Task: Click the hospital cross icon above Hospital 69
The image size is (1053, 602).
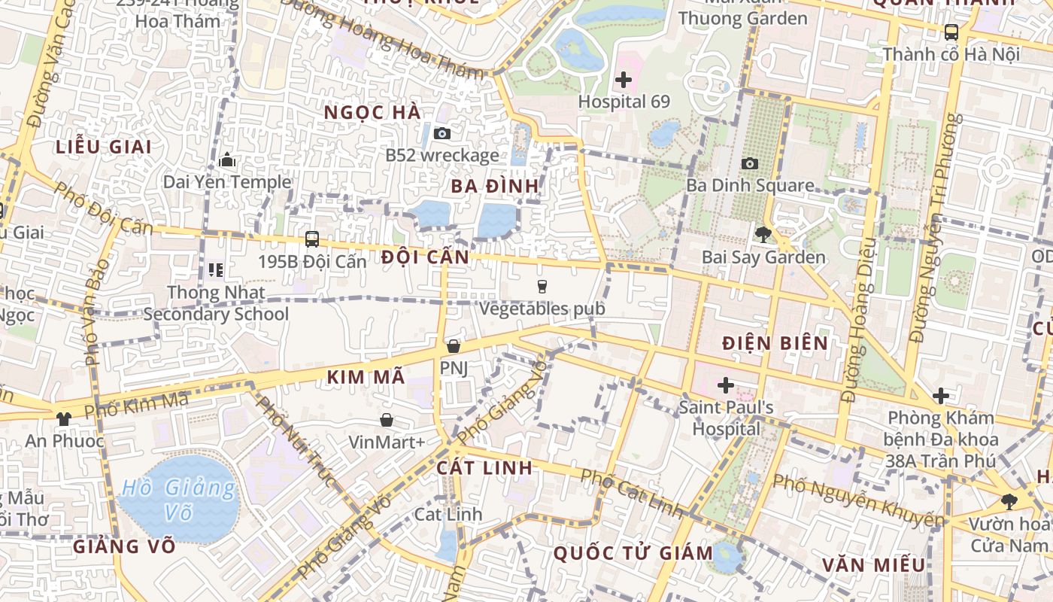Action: point(624,79)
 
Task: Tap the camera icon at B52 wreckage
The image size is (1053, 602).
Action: point(442,133)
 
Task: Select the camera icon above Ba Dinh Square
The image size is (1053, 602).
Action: point(750,163)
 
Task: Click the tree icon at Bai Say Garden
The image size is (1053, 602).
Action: point(763,235)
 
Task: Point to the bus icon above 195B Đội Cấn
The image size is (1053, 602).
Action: point(312,239)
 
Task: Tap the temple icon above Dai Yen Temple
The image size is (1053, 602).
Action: point(227,160)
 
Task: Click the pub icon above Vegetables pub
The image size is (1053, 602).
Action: point(542,286)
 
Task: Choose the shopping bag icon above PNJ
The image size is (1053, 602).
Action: point(453,346)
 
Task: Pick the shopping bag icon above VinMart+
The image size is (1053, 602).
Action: point(387,419)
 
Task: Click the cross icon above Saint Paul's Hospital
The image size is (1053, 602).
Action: point(726,386)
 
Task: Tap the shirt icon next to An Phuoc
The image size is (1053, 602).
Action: point(64,418)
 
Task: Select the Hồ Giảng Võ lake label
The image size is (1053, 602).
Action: point(178,499)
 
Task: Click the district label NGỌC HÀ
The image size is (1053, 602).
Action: point(372,112)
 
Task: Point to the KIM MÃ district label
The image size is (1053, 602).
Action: point(366,377)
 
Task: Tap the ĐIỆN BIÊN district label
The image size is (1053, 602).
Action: point(775,343)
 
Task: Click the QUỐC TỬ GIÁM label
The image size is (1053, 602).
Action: point(633,553)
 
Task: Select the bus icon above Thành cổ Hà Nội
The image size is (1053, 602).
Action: point(951,32)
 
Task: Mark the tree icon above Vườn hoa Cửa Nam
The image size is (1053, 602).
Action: point(1009,501)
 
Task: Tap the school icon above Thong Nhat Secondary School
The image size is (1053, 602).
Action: point(216,269)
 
